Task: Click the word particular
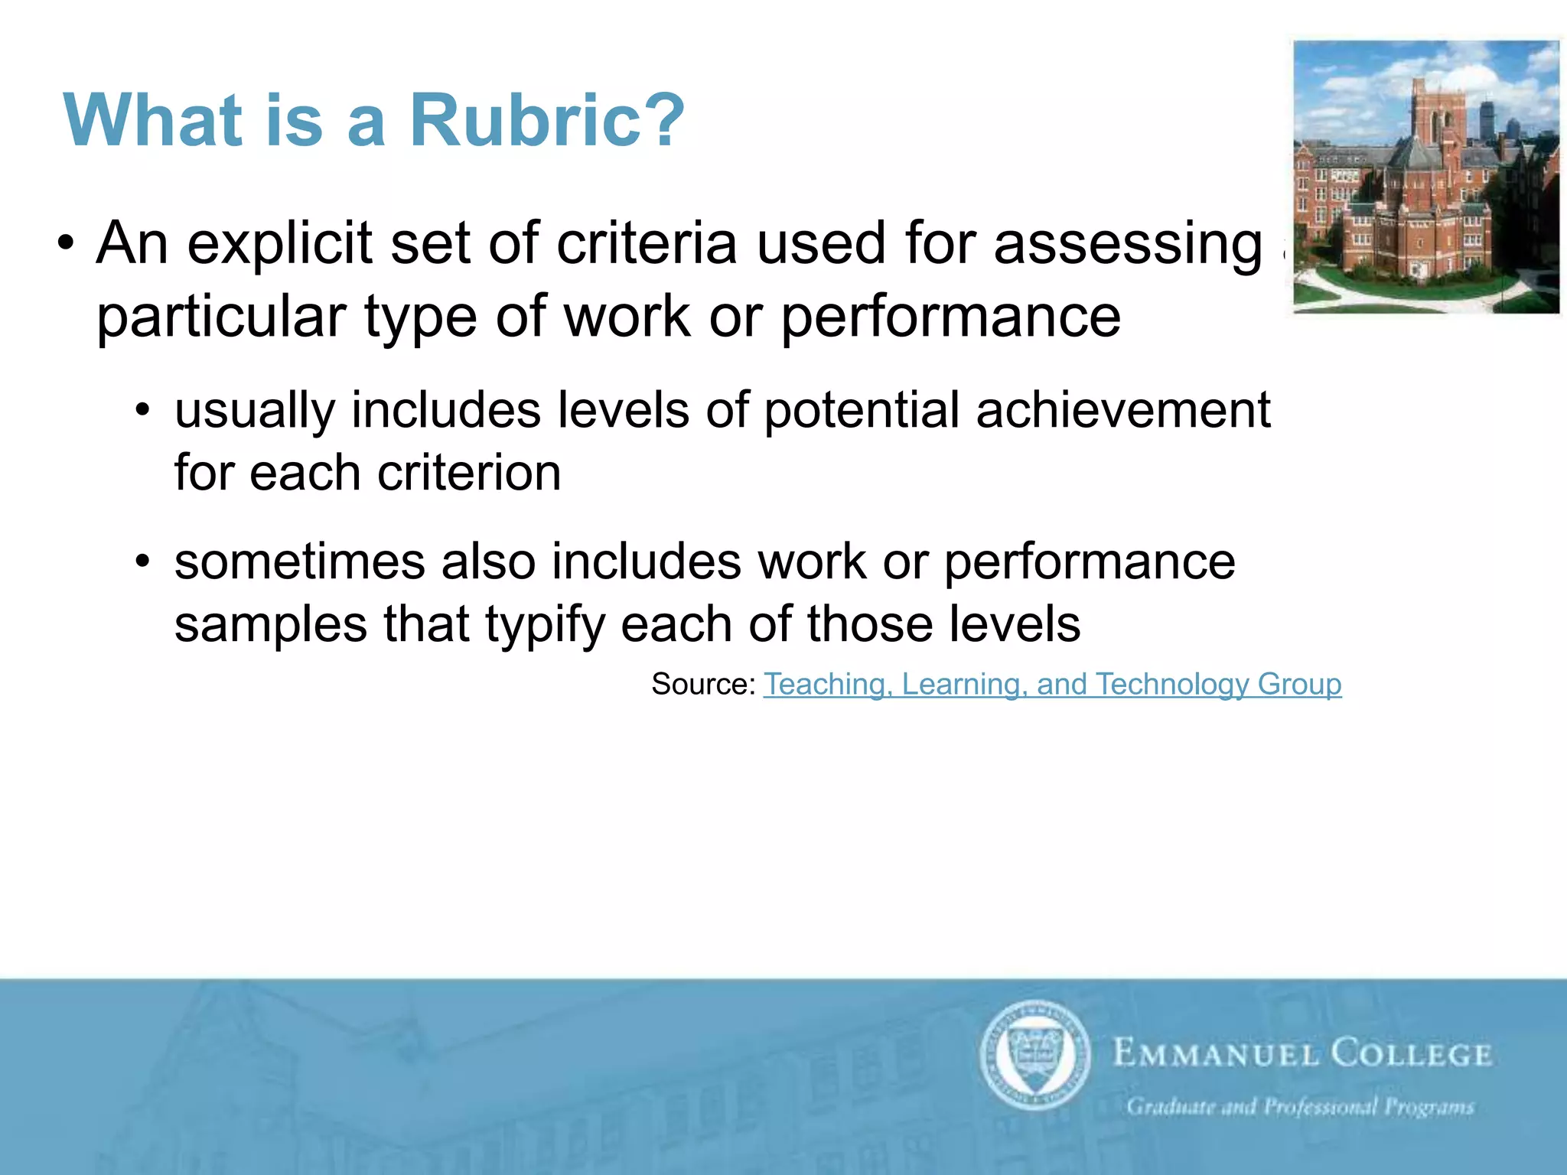(221, 317)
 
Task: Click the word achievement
(1122, 410)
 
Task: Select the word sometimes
(298, 562)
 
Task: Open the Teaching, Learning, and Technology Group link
(1052, 684)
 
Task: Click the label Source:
(703, 684)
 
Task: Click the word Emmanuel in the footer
(1216, 1054)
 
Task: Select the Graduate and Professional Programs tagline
(1299, 1107)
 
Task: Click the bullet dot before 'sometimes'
(142, 562)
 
